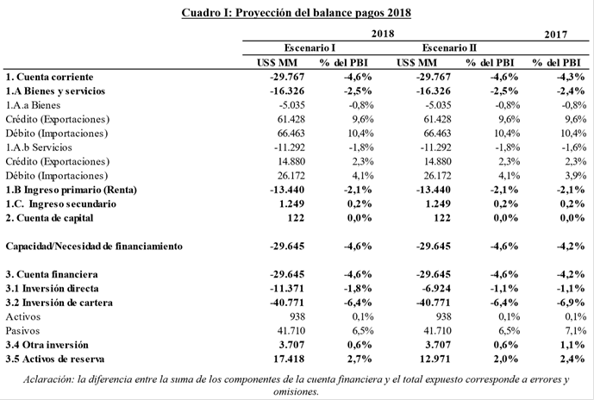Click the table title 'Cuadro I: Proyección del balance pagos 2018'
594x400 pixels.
(297, 12)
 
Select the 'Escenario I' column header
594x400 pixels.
(310, 48)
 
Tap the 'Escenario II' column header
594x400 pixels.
(449, 48)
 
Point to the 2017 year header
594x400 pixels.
(556, 34)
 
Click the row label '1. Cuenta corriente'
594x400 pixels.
(49, 77)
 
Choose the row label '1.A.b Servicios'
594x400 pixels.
(39, 147)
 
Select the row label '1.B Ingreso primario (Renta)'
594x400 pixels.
(72, 190)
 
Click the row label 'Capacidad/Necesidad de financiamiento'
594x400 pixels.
(94, 247)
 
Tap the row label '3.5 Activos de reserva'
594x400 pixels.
(55, 359)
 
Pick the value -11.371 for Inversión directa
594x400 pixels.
(287, 289)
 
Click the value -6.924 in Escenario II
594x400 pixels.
(436, 289)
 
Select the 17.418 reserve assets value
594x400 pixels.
(289, 359)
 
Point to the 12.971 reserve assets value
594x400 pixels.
(435, 359)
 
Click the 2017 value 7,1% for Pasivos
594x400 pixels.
(575, 331)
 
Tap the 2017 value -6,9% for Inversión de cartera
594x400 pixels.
(571, 303)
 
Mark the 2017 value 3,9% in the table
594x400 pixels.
(575, 176)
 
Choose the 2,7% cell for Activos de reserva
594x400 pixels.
(360, 359)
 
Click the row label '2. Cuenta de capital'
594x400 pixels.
(49, 218)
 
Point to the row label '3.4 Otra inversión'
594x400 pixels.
(47, 345)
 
